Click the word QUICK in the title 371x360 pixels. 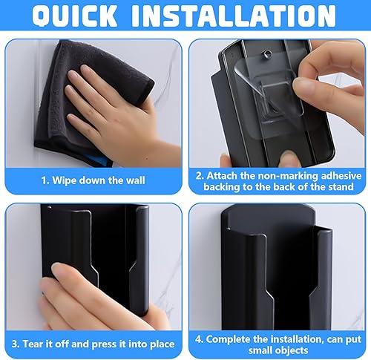(74, 16)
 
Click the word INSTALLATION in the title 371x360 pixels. (234, 16)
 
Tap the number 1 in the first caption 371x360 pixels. (45, 180)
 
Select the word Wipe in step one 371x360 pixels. (64, 180)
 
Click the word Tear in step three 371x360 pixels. (33, 344)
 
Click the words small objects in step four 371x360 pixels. (278, 350)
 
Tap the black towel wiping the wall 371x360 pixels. (82, 99)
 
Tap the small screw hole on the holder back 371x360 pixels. (266, 53)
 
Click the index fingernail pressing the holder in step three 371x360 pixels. (56, 267)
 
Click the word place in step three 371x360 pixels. (162, 344)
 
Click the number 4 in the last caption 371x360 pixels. (198, 339)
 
